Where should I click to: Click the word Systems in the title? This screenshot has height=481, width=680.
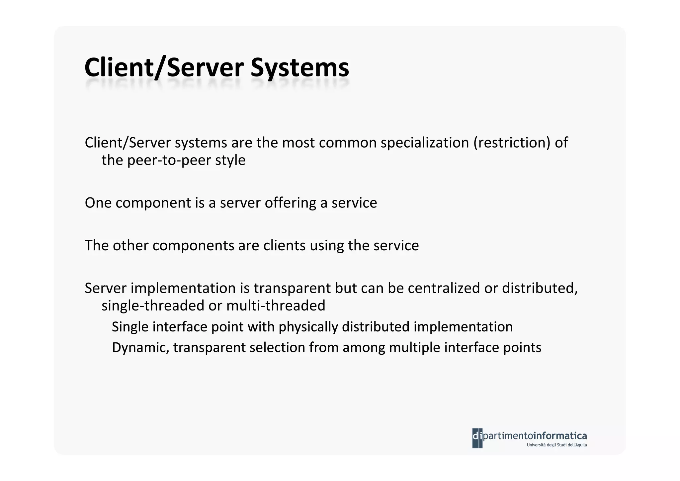(x=299, y=68)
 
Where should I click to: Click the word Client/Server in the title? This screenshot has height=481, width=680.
(x=164, y=68)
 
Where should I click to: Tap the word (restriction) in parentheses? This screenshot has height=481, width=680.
(x=512, y=143)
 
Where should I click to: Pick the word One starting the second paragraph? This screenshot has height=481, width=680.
(x=98, y=203)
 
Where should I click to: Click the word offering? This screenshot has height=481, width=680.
(x=290, y=203)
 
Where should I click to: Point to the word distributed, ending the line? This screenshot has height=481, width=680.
(x=540, y=288)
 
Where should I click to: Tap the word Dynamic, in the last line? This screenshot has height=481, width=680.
(x=140, y=348)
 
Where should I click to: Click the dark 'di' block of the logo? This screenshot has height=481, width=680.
(x=477, y=438)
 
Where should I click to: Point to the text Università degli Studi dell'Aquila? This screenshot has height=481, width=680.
(x=556, y=445)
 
